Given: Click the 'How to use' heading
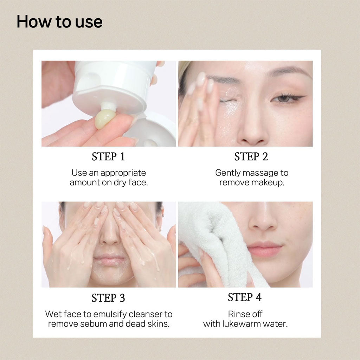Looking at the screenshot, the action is [59, 22].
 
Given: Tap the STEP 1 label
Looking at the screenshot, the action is [108, 156].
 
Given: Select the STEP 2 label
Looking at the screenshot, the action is [251, 156].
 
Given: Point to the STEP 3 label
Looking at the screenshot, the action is [108, 298].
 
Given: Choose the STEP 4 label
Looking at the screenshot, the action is [245, 297].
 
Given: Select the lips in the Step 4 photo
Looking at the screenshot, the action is [264, 249].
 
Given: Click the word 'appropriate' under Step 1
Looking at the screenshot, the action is [123, 173].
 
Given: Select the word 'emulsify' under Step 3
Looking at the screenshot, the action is [110, 314].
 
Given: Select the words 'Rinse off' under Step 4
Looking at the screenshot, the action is [245, 314].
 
